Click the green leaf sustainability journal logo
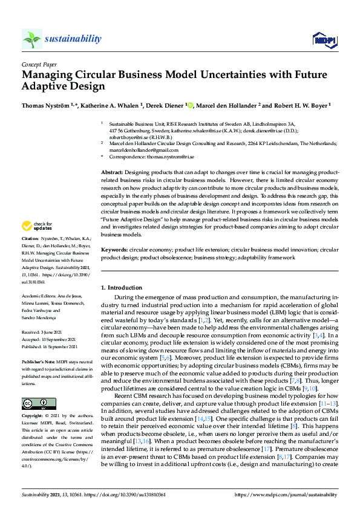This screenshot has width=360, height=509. tap(31, 39)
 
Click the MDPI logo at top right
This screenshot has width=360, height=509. tap(324, 40)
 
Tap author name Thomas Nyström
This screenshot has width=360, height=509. tap(44, 105)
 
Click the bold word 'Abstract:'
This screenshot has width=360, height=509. tap(113, 172)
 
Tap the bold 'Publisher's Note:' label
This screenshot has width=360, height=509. tap(38, 358)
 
